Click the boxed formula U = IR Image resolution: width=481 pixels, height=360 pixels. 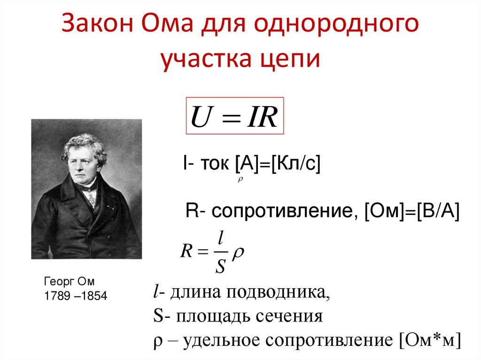(x=235, y=115)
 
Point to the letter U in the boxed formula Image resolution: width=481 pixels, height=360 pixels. (x=202, y=116)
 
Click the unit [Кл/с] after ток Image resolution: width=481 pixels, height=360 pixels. (x=296, y=163)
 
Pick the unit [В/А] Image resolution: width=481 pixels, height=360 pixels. (x=438, y=211)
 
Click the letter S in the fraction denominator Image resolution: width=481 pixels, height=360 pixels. (x=220, y=266)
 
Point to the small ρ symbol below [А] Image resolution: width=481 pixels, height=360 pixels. (x=240, y=179)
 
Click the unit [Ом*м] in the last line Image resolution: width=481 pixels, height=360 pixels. (x=430, y=340)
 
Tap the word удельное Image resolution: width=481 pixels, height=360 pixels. (x=221, y=341)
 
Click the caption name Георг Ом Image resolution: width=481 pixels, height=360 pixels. (x=69, y=282)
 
